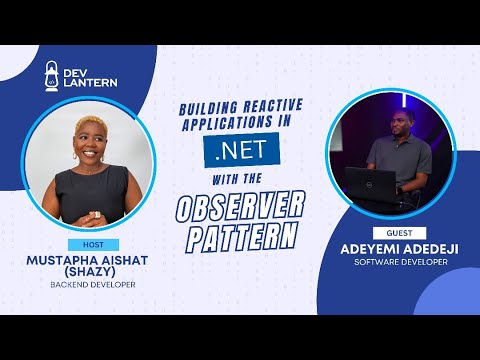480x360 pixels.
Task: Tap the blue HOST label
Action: coord(93,245)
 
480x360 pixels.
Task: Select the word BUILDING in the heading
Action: coord(207,112)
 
